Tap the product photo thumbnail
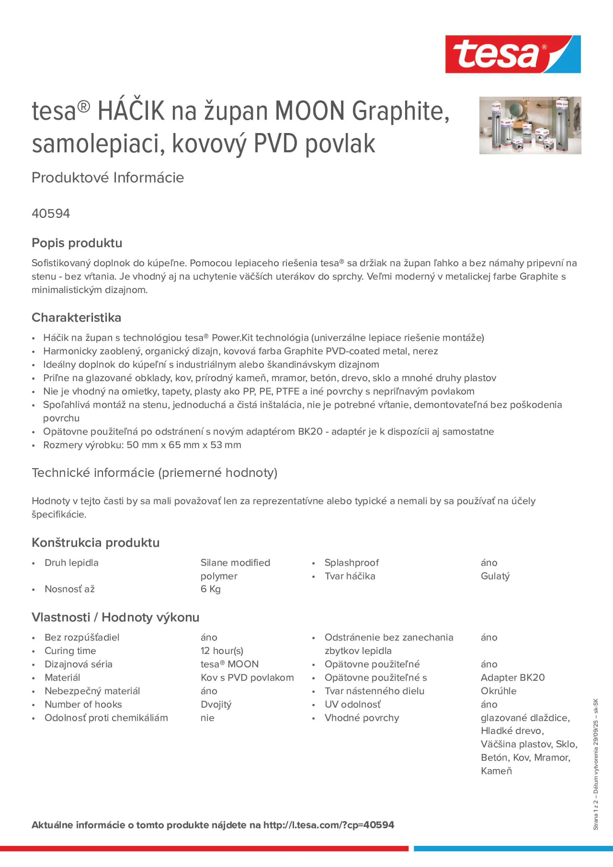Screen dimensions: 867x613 530,125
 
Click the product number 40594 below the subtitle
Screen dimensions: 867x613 51,214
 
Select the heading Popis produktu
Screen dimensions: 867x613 77,243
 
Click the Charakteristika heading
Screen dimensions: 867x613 76,317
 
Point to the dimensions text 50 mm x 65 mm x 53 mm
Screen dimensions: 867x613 184,445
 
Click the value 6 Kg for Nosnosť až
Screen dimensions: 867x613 211,589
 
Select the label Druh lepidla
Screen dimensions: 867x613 71,563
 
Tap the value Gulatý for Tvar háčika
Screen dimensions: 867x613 495,576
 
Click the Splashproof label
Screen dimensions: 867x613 351,563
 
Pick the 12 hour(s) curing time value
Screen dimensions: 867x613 222,650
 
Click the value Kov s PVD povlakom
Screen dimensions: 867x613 247,677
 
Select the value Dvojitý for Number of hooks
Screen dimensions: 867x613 216,704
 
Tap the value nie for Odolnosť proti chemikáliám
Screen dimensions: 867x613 207,718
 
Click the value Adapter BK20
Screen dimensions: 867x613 513,677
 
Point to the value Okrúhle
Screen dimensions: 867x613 498,691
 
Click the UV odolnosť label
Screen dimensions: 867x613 352,704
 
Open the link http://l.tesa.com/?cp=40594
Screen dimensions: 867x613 328,825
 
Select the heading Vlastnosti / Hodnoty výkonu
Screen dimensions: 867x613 115,617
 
